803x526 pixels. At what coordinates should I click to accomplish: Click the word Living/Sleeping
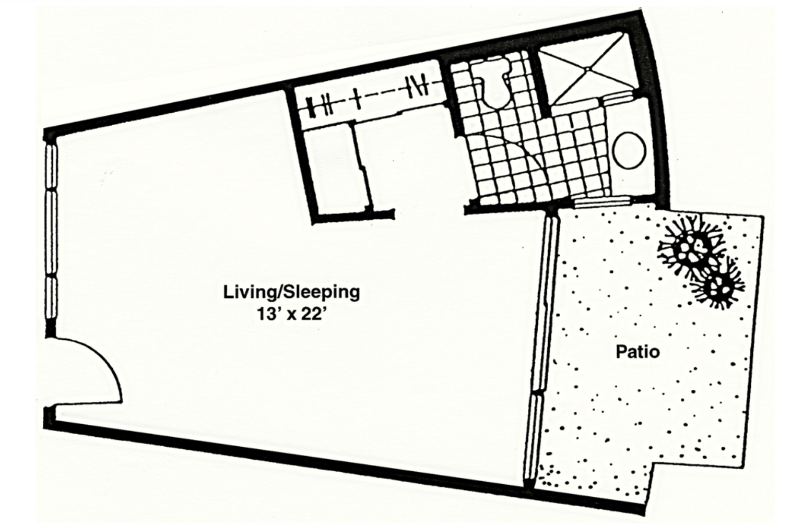291,292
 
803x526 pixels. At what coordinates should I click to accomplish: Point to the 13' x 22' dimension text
292,315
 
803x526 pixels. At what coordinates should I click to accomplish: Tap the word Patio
637,352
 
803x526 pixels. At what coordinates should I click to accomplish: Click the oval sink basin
630,150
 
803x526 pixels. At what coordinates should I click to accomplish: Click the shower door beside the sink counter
617,98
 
